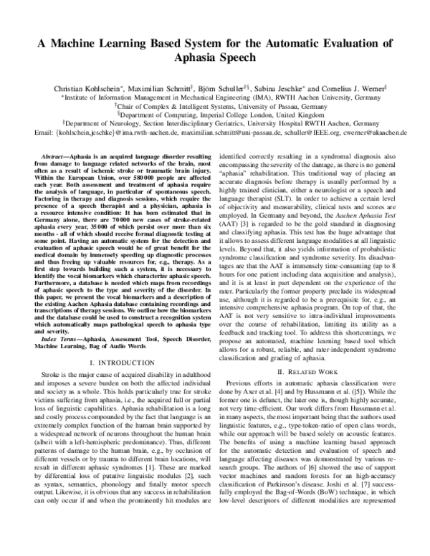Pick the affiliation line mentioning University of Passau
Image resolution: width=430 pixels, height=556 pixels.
pyautogui.click(x=215, y=105)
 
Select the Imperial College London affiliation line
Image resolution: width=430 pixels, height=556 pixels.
pyautogui.click(x=215, y=114)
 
